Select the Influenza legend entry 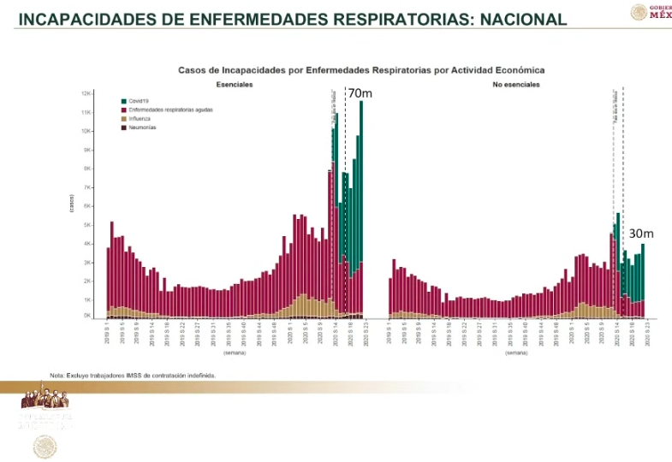[138, 118]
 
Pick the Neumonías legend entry [140, 127]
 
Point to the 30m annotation [640, 233]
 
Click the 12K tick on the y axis [86, 93]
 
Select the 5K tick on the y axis [86, 225]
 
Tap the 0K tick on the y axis [86, 317]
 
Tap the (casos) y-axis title [72, 205]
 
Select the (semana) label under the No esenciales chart [517, 352]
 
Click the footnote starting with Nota [132, 375]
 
